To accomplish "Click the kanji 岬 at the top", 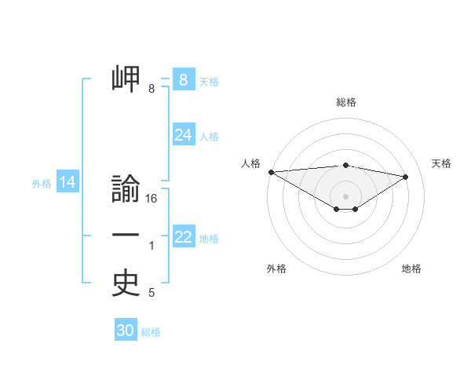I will click(126, 79).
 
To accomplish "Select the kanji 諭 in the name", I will click(126, 190).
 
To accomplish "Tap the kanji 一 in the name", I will click(126, 236).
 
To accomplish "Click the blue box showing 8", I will click(183, 80).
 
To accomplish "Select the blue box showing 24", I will click(183, 135).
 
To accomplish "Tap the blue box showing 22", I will click(183, 237).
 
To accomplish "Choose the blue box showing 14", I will click(67, 183).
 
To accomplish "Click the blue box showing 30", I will click(125, 331).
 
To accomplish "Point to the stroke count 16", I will click(152, 199).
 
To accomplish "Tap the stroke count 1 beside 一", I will click(152, 247).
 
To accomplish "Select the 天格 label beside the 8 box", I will click(209, 81).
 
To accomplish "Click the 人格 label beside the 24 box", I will click(209, 137).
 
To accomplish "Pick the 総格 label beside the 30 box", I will click(151, 332).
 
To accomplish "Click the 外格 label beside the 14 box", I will click(42, 184).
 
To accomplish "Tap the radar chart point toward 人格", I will click(271, 172).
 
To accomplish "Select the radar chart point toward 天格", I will click(406, 176).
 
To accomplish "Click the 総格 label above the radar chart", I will click(345, 102).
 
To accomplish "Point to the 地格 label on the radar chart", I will click(411, 269).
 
